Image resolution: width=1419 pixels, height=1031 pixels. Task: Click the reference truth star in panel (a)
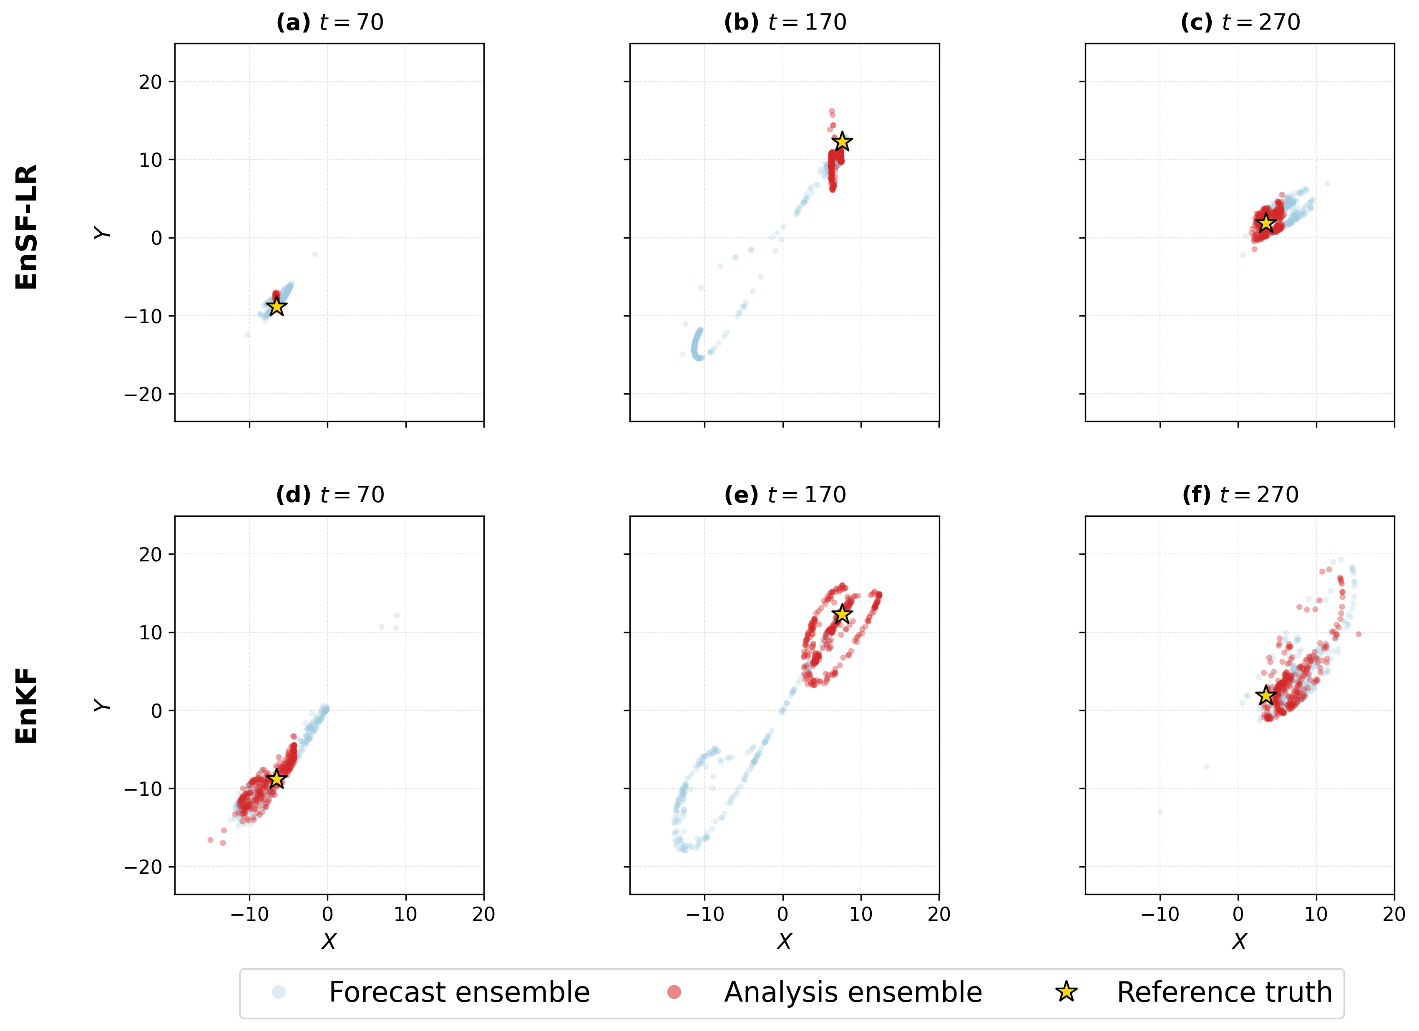point(277,307)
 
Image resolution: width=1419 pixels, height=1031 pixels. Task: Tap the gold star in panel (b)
point(842,141)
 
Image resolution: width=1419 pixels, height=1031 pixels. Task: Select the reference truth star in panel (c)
point(1266,223)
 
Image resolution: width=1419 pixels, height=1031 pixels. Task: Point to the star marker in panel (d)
point(277,779)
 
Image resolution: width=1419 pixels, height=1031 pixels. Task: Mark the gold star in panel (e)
point(842,614)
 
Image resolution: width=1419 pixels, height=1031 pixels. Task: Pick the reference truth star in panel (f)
point(1266,695)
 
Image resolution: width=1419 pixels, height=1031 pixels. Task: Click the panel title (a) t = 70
point(330,23)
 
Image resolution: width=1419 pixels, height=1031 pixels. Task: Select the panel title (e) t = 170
point(785,495)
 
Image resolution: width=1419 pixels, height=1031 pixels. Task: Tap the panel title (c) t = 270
point(1240,23)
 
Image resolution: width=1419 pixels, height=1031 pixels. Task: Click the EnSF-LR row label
point(27,226)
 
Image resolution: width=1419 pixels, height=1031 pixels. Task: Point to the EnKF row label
point(27,706)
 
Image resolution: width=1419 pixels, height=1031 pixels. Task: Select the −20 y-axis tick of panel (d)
point(143,867)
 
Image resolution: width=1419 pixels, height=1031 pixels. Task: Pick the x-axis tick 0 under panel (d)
point(328,914)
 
